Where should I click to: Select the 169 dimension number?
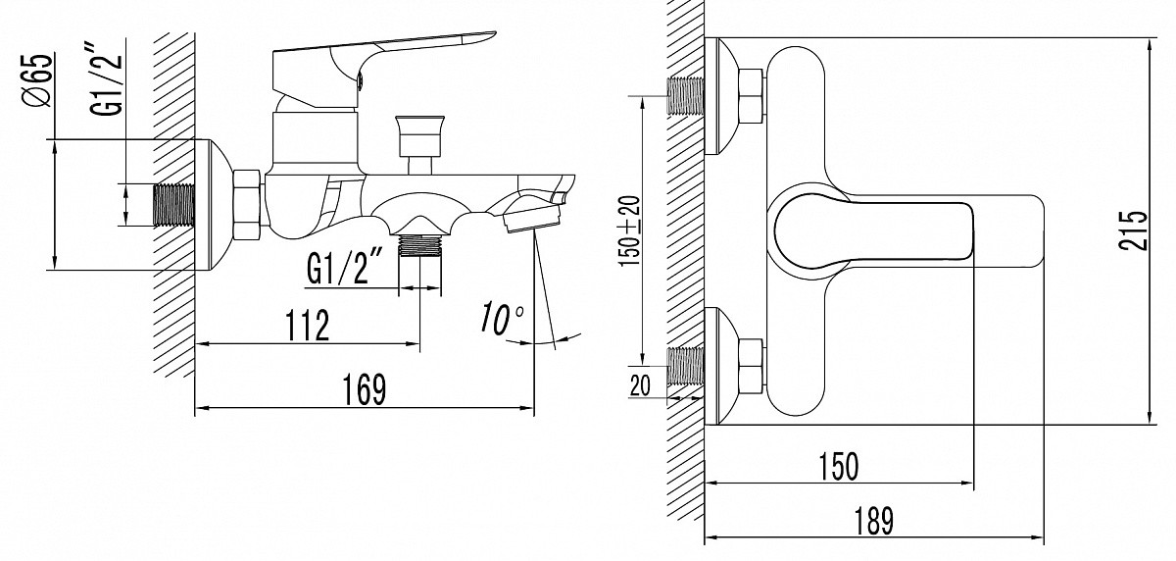(x=365, y=389)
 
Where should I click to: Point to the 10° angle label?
(x=502, y=318)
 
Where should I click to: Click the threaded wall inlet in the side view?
(x=175, y=205)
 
